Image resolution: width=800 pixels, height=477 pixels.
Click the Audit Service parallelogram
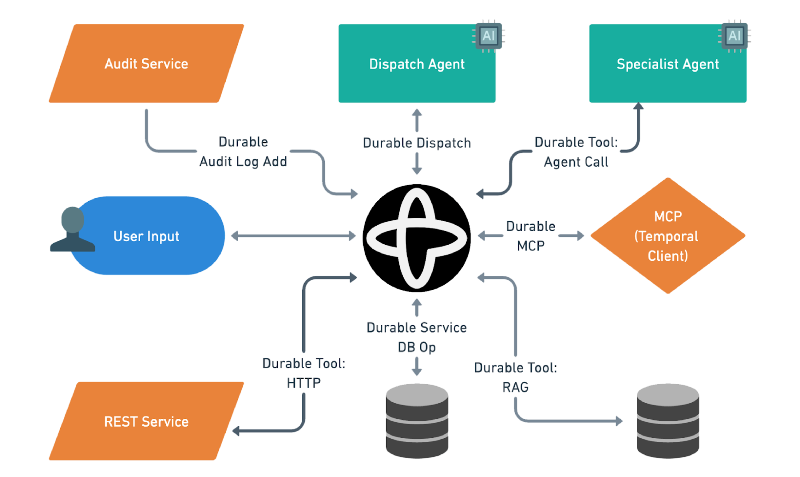pos(146,64)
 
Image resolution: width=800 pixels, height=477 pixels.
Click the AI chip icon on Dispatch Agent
pos(488,36)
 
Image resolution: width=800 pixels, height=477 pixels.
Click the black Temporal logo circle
pos(417,238)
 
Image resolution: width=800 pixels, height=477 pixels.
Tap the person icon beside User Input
pos(73,230)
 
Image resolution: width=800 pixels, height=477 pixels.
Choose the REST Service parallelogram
pos(146,421)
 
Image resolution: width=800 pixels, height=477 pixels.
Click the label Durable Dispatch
pos(417,143)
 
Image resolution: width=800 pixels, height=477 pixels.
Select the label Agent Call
pos(576,162)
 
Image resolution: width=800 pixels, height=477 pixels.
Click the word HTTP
pos(304,383)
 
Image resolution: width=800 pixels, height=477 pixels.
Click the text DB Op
pos(417,347)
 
